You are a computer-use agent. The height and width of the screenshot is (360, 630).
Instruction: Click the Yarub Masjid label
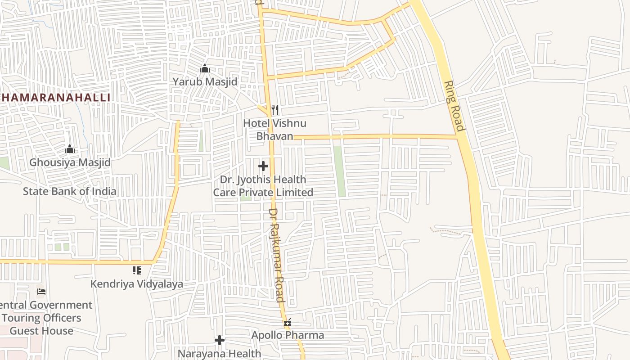(x=205, y=82)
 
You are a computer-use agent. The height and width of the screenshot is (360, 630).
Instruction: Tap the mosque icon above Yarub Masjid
(x=205, y=69)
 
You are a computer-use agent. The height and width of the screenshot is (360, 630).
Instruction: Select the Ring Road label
(x=454, y=106)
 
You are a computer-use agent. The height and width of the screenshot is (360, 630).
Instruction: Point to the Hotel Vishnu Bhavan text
(x=274, y=130)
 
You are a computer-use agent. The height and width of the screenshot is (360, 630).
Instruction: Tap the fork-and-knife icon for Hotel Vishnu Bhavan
(x=275, y=109)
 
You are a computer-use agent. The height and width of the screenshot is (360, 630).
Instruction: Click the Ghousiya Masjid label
(x=70, y=162)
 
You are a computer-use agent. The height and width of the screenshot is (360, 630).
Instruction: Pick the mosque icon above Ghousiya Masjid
(x=70, y=149)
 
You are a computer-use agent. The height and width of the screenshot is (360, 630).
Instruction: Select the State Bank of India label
(x=69, y=191)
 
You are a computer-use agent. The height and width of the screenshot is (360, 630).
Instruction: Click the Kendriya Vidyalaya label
(x=137, y=284)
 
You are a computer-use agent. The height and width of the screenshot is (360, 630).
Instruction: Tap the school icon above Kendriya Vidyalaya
(x=137, y=270)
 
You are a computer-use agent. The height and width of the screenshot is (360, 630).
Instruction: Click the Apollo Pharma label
(x=288, y=335)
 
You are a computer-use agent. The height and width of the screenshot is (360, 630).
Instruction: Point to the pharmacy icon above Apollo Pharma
(x=288, y=322)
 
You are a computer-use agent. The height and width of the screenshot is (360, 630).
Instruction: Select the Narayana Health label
(x=219, y=354)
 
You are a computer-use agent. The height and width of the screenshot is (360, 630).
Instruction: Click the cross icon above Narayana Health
(x=219, y=340)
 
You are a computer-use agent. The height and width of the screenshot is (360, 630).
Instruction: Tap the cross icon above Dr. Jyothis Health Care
(x=263, y=166)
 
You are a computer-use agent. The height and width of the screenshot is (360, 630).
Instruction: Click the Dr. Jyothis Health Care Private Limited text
(x=263, y=186)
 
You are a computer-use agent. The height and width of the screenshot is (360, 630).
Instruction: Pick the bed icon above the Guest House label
(x=41, y=292)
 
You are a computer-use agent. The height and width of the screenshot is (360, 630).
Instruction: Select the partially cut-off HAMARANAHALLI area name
(x=55, y=98)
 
